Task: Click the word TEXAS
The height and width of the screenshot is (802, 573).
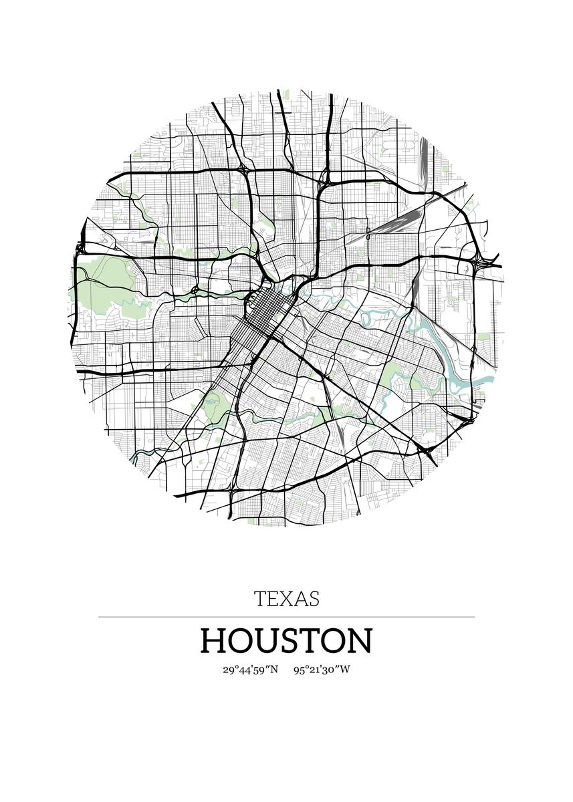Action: [x=286, y=598]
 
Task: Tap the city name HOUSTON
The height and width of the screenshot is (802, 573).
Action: [x=286, y=640]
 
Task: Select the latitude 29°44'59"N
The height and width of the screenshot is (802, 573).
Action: [x=250, y=670]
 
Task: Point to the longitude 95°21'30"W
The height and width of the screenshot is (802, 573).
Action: [x=322, y=670]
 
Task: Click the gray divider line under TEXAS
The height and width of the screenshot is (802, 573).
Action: [x=286, y=617]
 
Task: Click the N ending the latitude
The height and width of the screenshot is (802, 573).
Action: [x=273, y=670]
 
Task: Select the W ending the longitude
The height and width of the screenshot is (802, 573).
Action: [x=344, y=670]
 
